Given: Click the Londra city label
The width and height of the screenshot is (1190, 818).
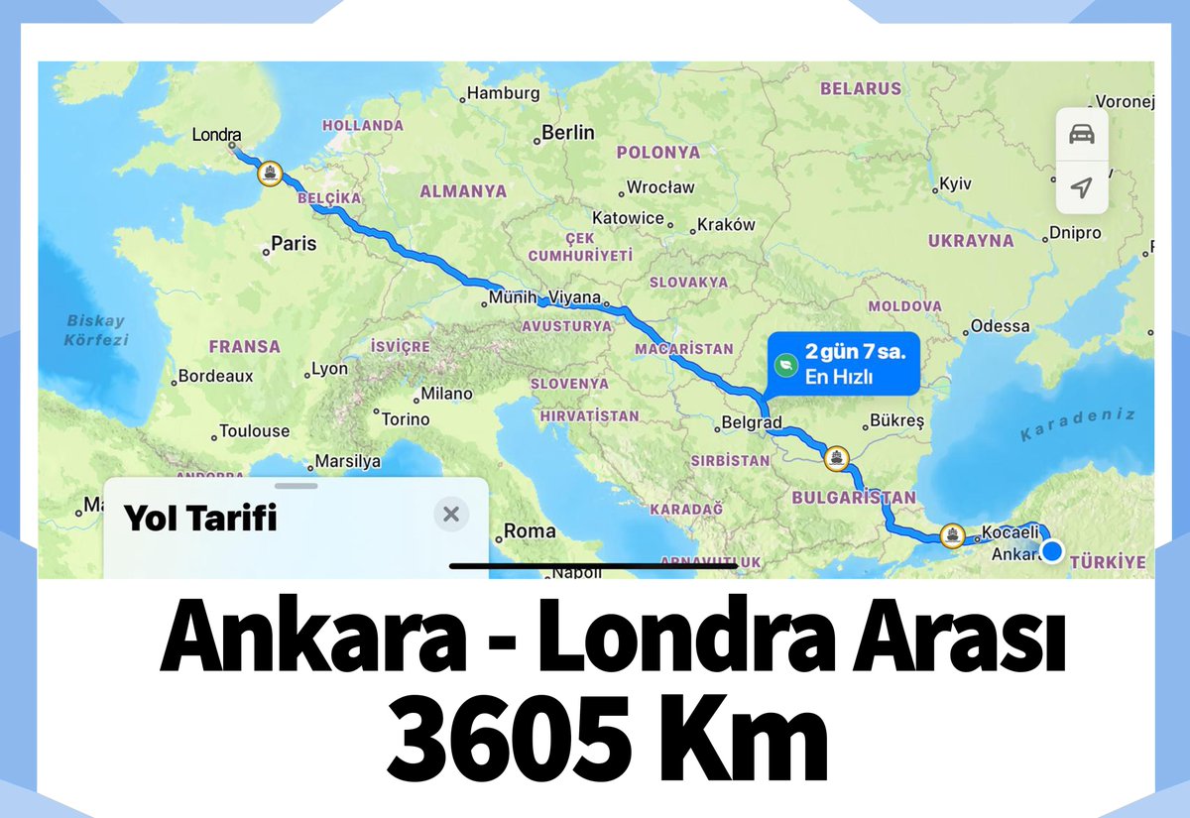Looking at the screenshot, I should click(x=217, y=134).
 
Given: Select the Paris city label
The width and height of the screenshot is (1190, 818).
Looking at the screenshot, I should click(x=294, y=243).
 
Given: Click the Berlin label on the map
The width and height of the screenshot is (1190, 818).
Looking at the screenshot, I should click(x=568, y=133).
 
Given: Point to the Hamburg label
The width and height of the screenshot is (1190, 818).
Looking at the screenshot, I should click(x=503, y=93).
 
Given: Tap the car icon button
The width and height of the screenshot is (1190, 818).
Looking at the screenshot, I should click(x=1082, y=135).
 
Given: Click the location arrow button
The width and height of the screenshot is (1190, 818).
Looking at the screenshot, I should click(x=1082, y=187).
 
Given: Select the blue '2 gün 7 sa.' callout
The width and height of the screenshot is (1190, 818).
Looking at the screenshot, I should click(x=843, y=364).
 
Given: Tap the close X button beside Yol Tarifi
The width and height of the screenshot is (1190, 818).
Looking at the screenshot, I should click(x=451, y=514).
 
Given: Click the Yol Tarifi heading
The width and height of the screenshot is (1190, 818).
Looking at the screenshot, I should click(x=200, y=518).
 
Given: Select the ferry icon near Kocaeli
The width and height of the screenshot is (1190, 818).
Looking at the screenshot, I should click(x=952, y=535).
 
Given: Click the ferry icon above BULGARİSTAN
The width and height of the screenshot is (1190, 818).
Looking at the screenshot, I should click(x=837, y=458).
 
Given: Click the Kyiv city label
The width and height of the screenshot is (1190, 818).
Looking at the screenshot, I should click(x=955, y=184).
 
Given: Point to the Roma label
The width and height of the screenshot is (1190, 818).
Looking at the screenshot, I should click(x=530, y=531).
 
